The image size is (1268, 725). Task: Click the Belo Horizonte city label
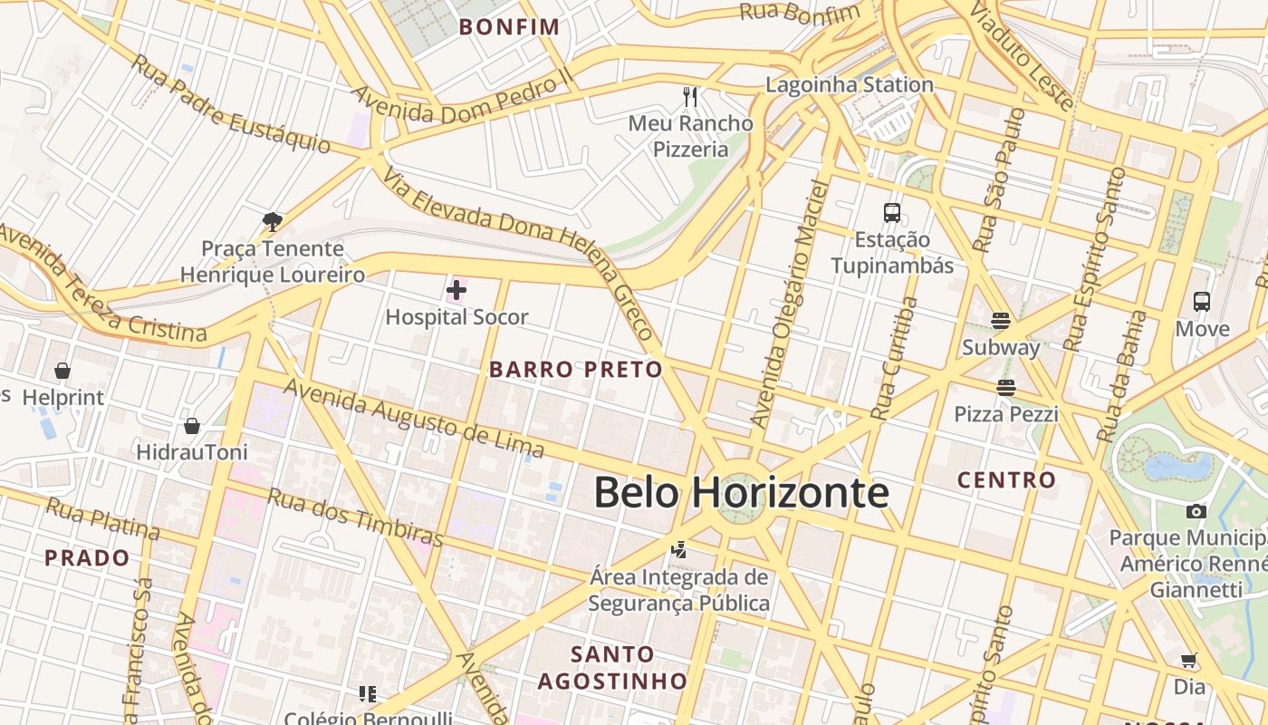[x=741, y=493]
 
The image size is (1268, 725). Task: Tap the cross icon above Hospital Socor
[x=456, y=290]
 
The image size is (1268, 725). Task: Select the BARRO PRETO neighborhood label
[x=576, y=370]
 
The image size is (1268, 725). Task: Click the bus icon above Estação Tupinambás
[x=892, y=213]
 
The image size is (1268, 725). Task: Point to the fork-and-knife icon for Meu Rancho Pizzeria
[x=690, y=96]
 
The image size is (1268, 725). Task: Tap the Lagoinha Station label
[x=849, y=85]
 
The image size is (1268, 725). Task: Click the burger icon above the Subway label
[x=1001, y=321]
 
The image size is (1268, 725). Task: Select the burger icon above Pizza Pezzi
[x=1005, y=388]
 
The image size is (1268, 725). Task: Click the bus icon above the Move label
[x=1202, y=302]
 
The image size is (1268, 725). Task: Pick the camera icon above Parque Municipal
[x=1196, y=511]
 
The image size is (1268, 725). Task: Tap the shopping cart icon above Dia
[x=1189, y=661]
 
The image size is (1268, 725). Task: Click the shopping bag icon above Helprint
[x=62, y=371]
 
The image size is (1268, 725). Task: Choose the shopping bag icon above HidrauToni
[x=192, y=425]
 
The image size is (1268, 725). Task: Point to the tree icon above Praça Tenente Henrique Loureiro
[x=272, y=221]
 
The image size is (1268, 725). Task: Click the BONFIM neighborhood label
[x=509, y=27]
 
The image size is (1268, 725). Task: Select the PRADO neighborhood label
[x=87, y=557]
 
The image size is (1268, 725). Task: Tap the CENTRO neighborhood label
[x=1006, y=479]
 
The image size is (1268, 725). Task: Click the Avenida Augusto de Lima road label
[x=415, y=418]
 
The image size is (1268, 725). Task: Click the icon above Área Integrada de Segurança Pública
[x=678, y=549]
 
